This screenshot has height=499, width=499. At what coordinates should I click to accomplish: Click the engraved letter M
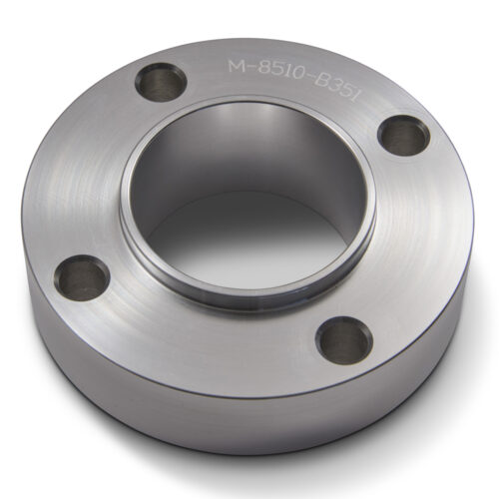pos(237,67)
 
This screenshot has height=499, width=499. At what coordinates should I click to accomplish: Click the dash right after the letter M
pos(249,68)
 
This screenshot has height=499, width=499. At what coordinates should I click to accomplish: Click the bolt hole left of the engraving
pos(159,81)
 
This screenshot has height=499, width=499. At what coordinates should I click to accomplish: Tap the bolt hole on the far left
pos(81,276)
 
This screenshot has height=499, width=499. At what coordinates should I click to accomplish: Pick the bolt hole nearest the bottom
pos(344,338)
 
